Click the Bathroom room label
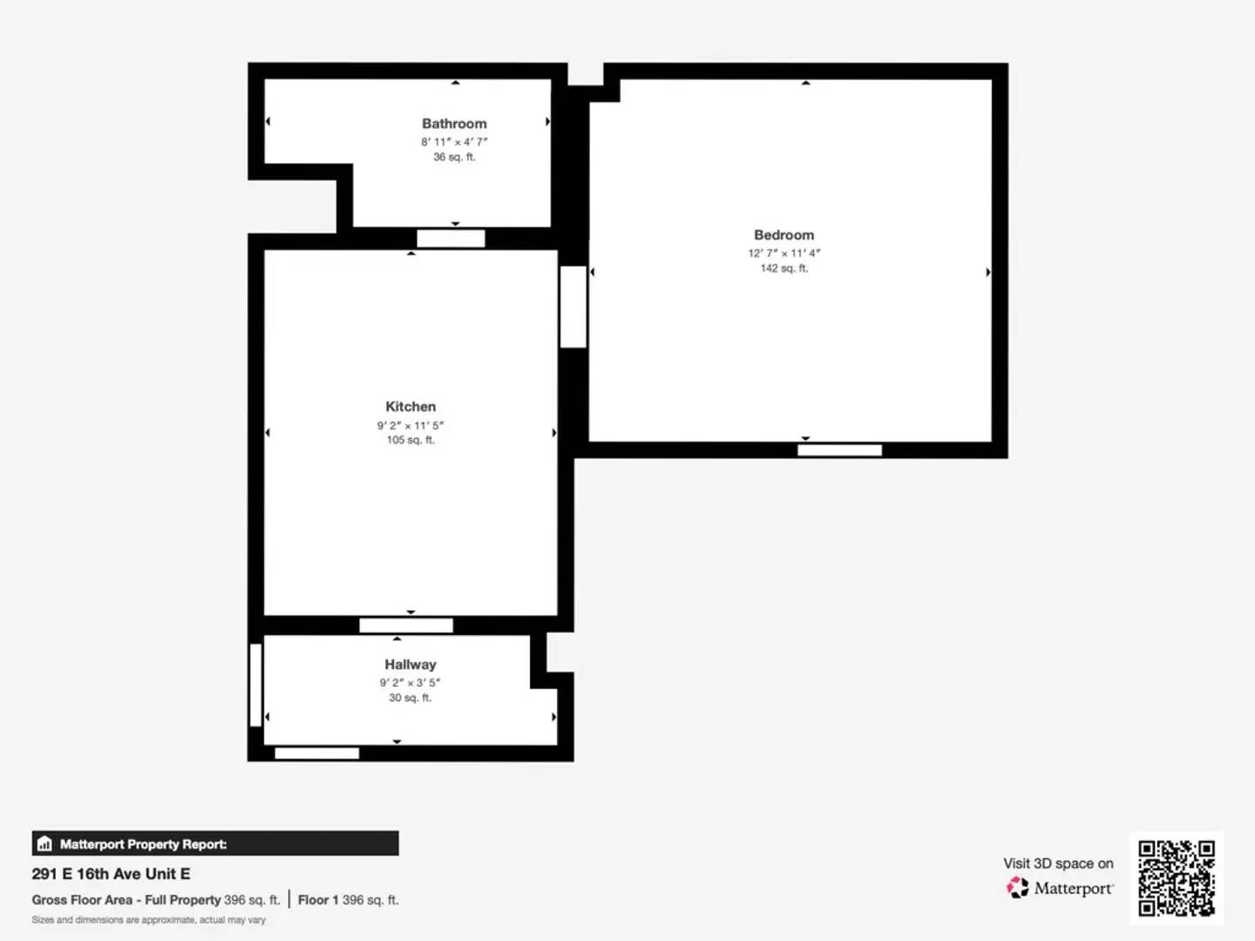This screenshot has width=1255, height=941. point(454,124)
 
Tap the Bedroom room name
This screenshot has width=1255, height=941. point(784,235)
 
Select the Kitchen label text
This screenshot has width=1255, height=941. point(410,407)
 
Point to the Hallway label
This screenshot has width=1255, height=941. point(410,665)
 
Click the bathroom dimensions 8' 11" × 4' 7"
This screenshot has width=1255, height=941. point(454,142)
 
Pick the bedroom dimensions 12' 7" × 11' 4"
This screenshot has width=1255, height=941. point(784,254)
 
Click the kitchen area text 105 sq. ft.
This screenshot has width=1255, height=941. point(410,440)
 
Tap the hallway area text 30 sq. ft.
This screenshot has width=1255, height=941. point(410,698)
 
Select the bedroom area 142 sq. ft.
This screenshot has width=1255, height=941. point(784,268)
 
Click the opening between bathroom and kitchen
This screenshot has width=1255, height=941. point(451,239)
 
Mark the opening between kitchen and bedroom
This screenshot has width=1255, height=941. point(573,307)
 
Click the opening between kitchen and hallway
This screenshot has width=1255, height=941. point(406,626)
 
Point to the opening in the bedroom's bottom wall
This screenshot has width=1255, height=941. point(839,450)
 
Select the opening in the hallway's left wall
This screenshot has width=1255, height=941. point(255,685)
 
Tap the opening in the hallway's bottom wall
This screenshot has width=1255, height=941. point(316,754)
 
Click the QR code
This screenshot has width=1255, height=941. point(1177,878)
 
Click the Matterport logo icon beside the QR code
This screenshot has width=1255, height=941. point(1017,888)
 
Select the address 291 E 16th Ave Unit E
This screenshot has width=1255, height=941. point(111,874)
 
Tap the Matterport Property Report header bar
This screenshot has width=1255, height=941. point(215,843)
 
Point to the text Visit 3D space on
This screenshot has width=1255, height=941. point(1058,863)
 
